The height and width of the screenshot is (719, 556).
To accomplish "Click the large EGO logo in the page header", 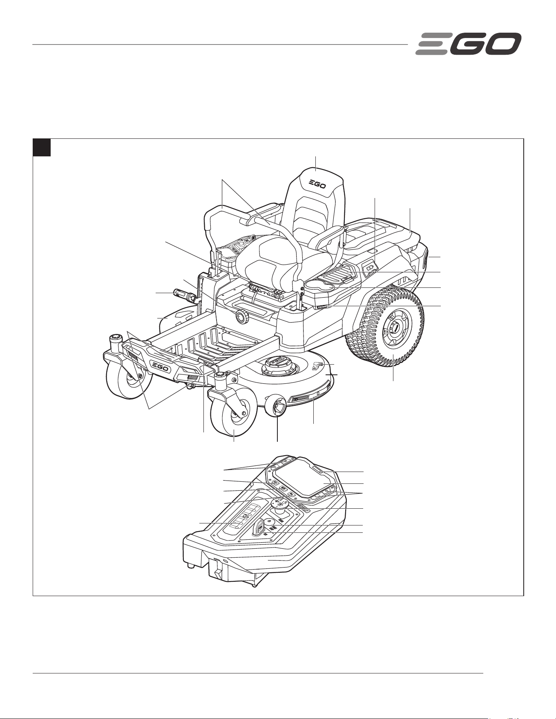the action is pyautogui.click(x=468, y=44).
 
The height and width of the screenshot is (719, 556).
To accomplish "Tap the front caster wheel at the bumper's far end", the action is pyautogui.click(x=127, y=376).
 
